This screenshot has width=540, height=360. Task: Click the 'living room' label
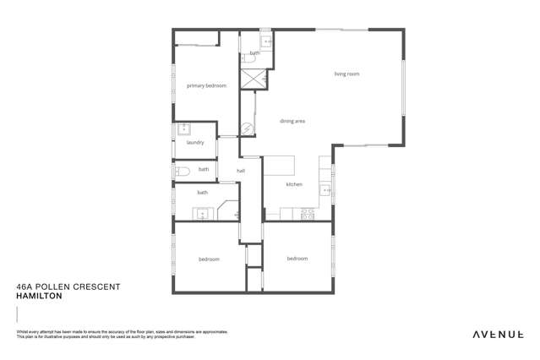[x=346, y=74]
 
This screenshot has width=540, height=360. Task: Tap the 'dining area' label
[x=292, y=122]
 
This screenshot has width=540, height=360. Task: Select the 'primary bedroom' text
[x=206, y=85]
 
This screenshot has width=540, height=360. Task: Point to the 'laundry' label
[x=195, y=143]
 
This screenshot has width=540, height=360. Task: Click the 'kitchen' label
[x=294, y=184]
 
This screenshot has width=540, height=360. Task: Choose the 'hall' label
[x=241, y=171]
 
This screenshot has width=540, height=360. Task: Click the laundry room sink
[x=184, y=129]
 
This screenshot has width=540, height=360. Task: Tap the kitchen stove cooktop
[x=308, y=215]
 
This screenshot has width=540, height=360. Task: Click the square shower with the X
[x=253, y=79]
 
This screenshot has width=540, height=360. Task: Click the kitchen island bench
[x=279, y=165]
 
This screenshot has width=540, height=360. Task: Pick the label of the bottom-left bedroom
[x=210, y=259]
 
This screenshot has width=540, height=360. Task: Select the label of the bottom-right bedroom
[x=297, y=258]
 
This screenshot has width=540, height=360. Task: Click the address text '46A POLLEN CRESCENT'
[x=68, y=287]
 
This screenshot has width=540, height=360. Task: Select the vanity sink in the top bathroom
[x=266, y=41]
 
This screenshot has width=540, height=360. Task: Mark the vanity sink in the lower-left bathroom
[x=204, y=215]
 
